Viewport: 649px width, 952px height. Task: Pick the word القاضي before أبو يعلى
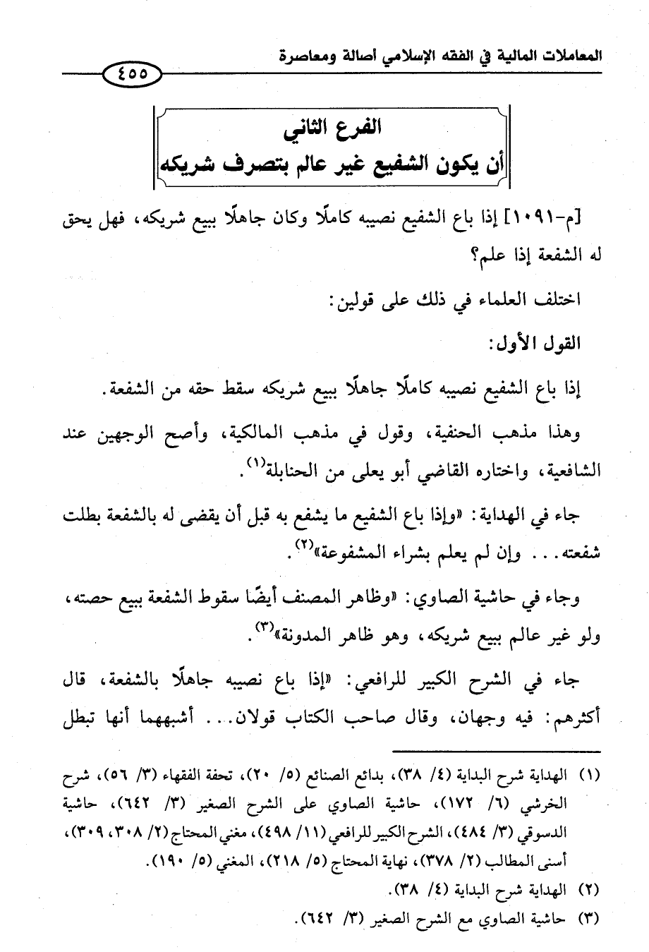[405, 471]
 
